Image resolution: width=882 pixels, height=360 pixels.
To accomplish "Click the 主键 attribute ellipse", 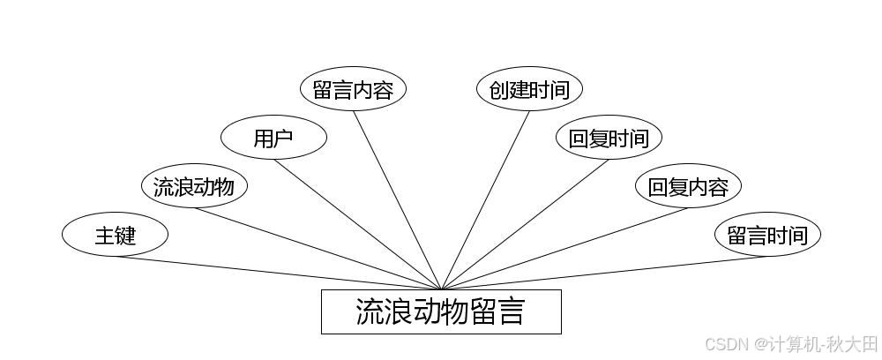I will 115,236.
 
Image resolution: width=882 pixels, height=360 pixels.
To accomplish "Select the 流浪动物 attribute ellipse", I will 194,187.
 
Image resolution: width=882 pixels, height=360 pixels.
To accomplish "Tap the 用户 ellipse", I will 273,139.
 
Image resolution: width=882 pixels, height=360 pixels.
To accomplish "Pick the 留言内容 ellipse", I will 353,90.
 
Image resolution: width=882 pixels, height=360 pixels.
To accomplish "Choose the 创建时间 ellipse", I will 529,90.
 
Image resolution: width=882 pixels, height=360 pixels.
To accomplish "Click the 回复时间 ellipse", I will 609,139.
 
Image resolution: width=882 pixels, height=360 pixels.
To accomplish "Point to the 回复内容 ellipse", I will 688,187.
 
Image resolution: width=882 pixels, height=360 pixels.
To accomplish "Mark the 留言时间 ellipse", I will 767,236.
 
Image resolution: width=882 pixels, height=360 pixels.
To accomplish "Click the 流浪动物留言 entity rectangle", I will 441,311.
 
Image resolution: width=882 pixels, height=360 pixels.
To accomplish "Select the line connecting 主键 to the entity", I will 278,273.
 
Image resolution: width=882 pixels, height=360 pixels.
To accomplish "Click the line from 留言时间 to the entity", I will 604,273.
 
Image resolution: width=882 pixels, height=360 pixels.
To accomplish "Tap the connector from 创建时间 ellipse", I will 485,200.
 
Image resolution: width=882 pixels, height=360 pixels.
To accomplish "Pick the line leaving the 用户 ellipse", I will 357,224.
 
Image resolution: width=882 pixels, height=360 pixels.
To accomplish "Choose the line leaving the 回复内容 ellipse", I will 564,248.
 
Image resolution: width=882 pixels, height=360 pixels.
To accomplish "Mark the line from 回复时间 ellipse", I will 525,224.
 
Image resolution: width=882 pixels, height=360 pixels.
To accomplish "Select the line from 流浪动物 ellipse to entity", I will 318,248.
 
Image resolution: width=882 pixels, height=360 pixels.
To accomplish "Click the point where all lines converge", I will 441,289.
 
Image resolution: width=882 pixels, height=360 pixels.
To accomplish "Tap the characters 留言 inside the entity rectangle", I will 498,311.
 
